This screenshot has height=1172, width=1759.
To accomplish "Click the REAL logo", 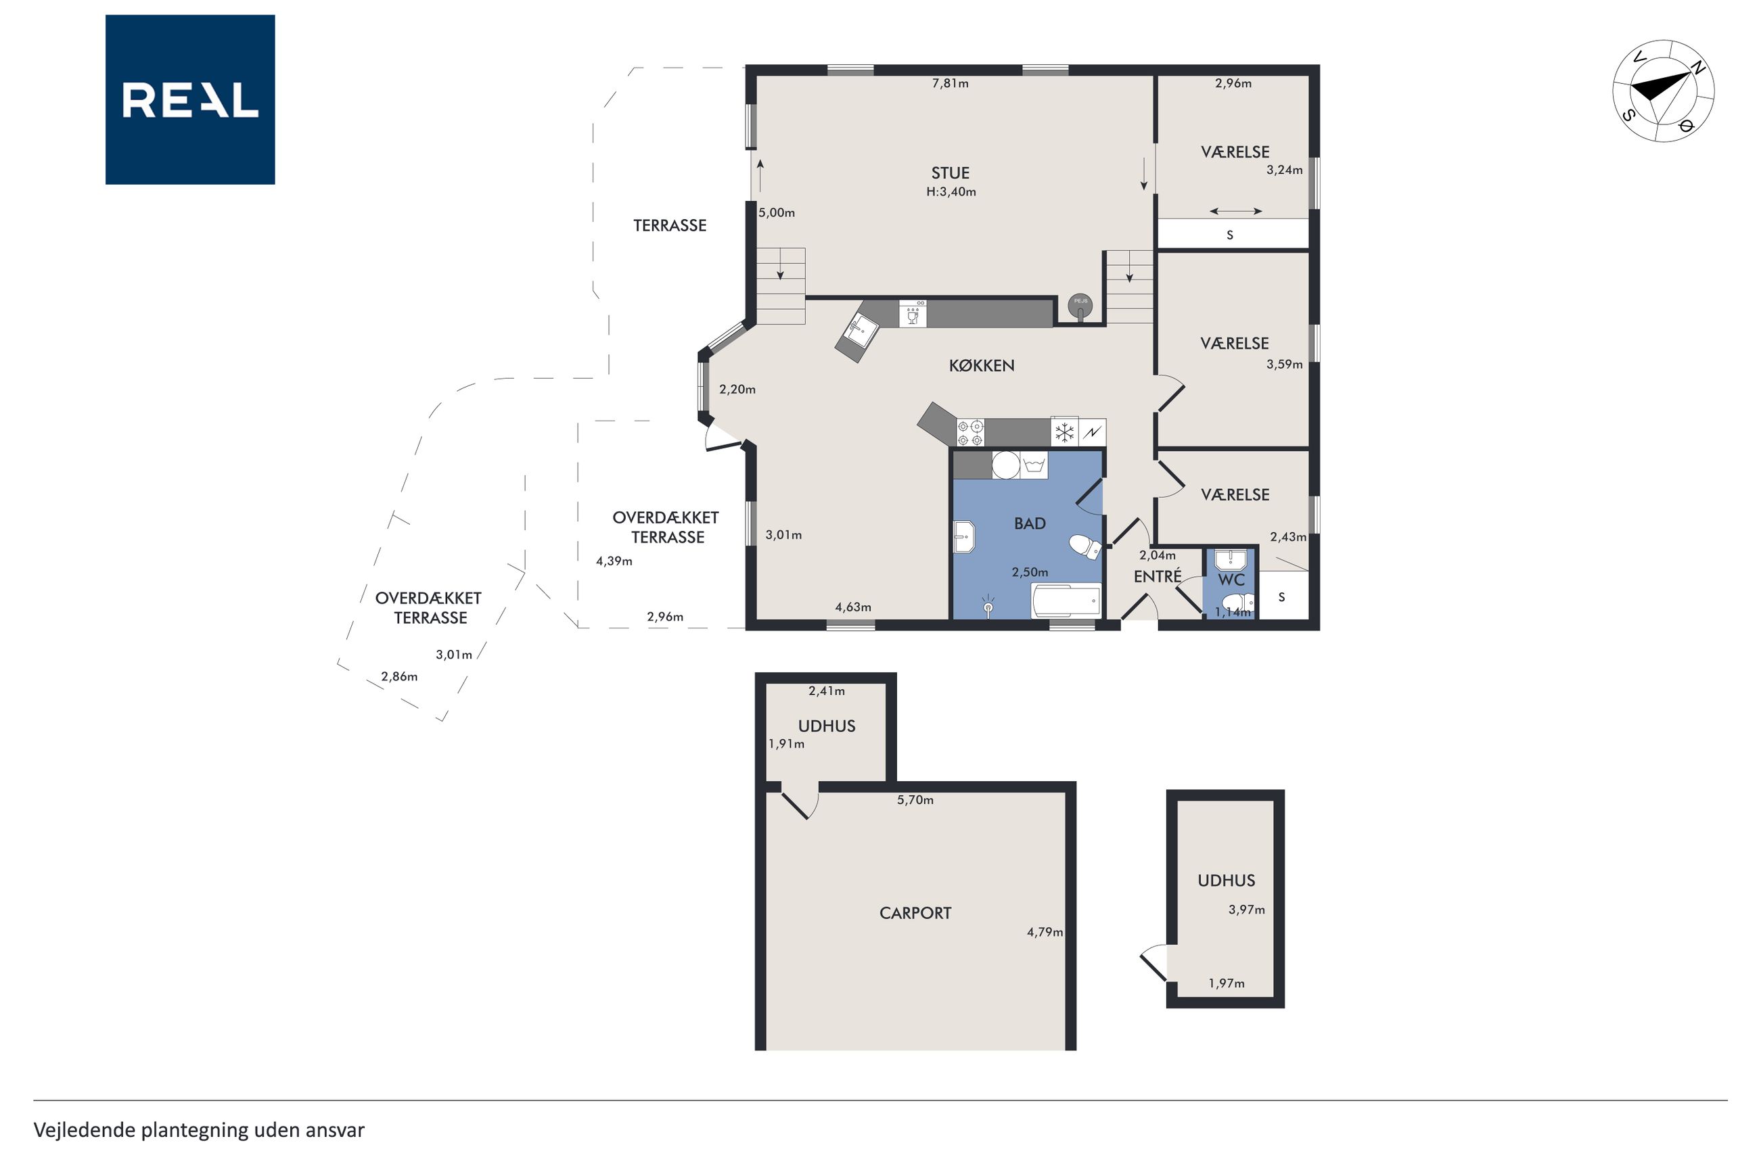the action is pos(190,99).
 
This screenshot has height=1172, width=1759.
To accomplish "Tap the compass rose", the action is pos(1664,91).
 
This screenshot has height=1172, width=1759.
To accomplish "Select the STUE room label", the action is pos(950,172).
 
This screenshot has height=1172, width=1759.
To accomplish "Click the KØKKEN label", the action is pos(982,365).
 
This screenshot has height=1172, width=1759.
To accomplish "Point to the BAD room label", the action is pos(1030,524).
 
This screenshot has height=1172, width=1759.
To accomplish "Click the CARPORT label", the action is pos(915,912).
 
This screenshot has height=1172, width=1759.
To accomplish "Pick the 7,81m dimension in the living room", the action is pos(950,84).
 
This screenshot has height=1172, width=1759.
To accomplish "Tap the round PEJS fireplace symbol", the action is pos(1080,305).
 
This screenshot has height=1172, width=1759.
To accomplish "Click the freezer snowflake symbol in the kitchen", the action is pos(1064,433).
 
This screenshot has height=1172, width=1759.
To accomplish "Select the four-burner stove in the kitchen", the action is pos(970,433).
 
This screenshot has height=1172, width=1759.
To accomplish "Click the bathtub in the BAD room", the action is pos(1066,599).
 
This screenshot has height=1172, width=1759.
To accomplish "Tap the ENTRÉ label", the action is pos(1157,576).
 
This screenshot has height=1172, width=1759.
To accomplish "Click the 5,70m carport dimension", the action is pos(915,800).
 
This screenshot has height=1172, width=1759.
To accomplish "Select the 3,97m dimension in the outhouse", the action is pos(1246,910).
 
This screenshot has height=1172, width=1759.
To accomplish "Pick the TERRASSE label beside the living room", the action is pos(670,226).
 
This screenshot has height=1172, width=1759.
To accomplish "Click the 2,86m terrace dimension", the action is pos(399,676).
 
